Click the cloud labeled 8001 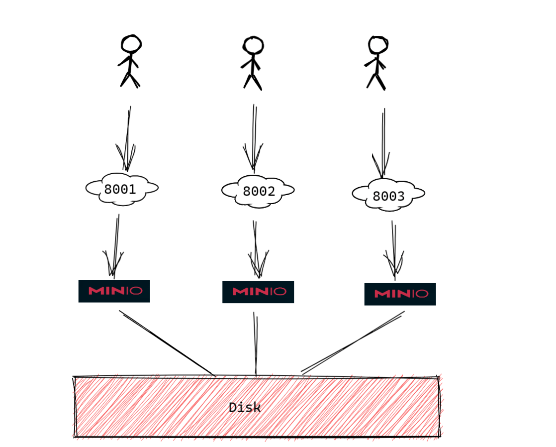click(x=121, y=189)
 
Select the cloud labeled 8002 click(x=258, y=191)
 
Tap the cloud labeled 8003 click(x=388, y=195)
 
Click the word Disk click(x=245, y=408)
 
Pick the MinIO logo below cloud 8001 click(x=114, y=291)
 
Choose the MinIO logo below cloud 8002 click(x=258, y=292)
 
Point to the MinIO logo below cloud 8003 click(x=400, y=294)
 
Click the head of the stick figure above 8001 click(x=131, y=44)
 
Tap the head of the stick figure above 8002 click(x=253, y=45)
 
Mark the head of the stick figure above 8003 click(x=378, y=45)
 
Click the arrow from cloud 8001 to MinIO click(x=116, y=244)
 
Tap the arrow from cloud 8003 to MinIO click(x=394, y=249)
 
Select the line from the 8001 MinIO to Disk click(x=167, y=343)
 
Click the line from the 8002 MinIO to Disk click(x=256, y=343)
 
